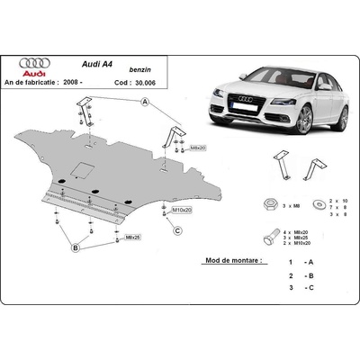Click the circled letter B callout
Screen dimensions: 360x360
point(77,247)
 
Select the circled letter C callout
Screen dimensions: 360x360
point(178,230)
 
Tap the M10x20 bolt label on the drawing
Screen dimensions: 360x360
point(184,210)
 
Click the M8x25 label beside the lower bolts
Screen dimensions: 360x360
point(132,237)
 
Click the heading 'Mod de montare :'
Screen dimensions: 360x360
point(229,260)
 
